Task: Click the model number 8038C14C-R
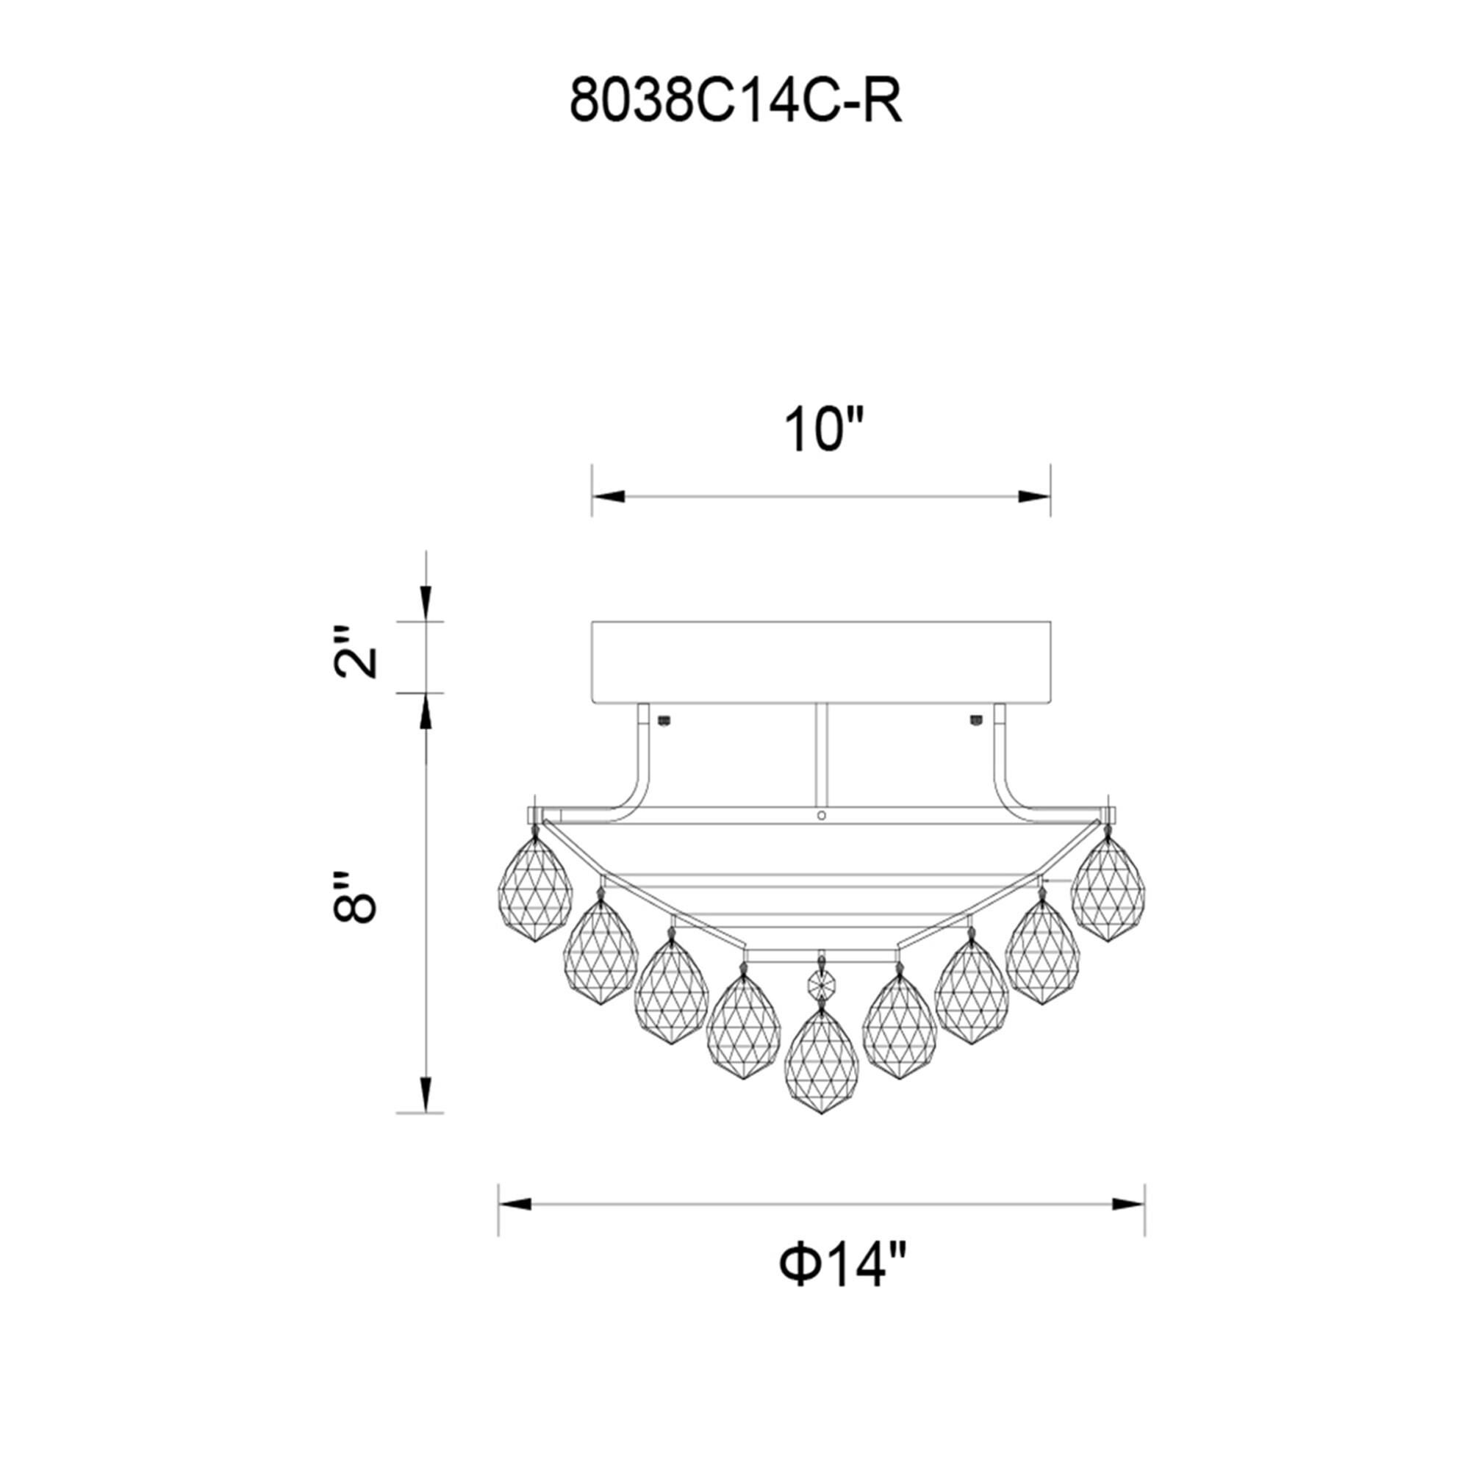coord(735,104)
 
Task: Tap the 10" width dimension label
coord(824,431)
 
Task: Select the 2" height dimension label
coord(355,653)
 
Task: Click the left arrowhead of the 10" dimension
coord(609,497)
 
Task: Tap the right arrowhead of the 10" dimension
coord(1034,497)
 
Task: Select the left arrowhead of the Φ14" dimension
coord(514,1205)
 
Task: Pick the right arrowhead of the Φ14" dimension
coord(1128,1205)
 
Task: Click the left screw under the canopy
coord(666,719)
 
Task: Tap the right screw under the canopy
coord(975,719)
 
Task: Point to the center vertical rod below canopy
coord(820,753)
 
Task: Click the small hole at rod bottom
coord(821,816)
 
